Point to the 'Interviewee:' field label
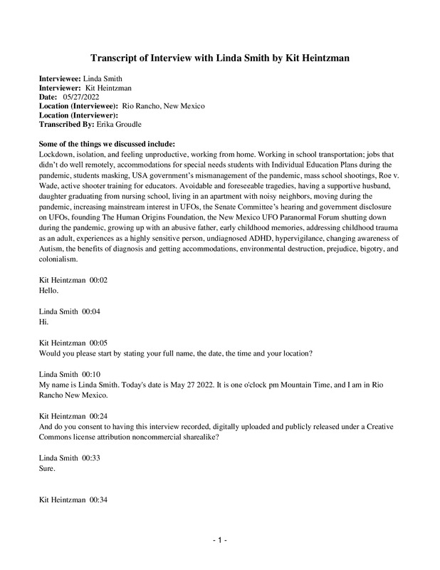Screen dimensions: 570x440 [x=60, y=78]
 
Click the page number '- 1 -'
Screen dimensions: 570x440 [x=219, y=541]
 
